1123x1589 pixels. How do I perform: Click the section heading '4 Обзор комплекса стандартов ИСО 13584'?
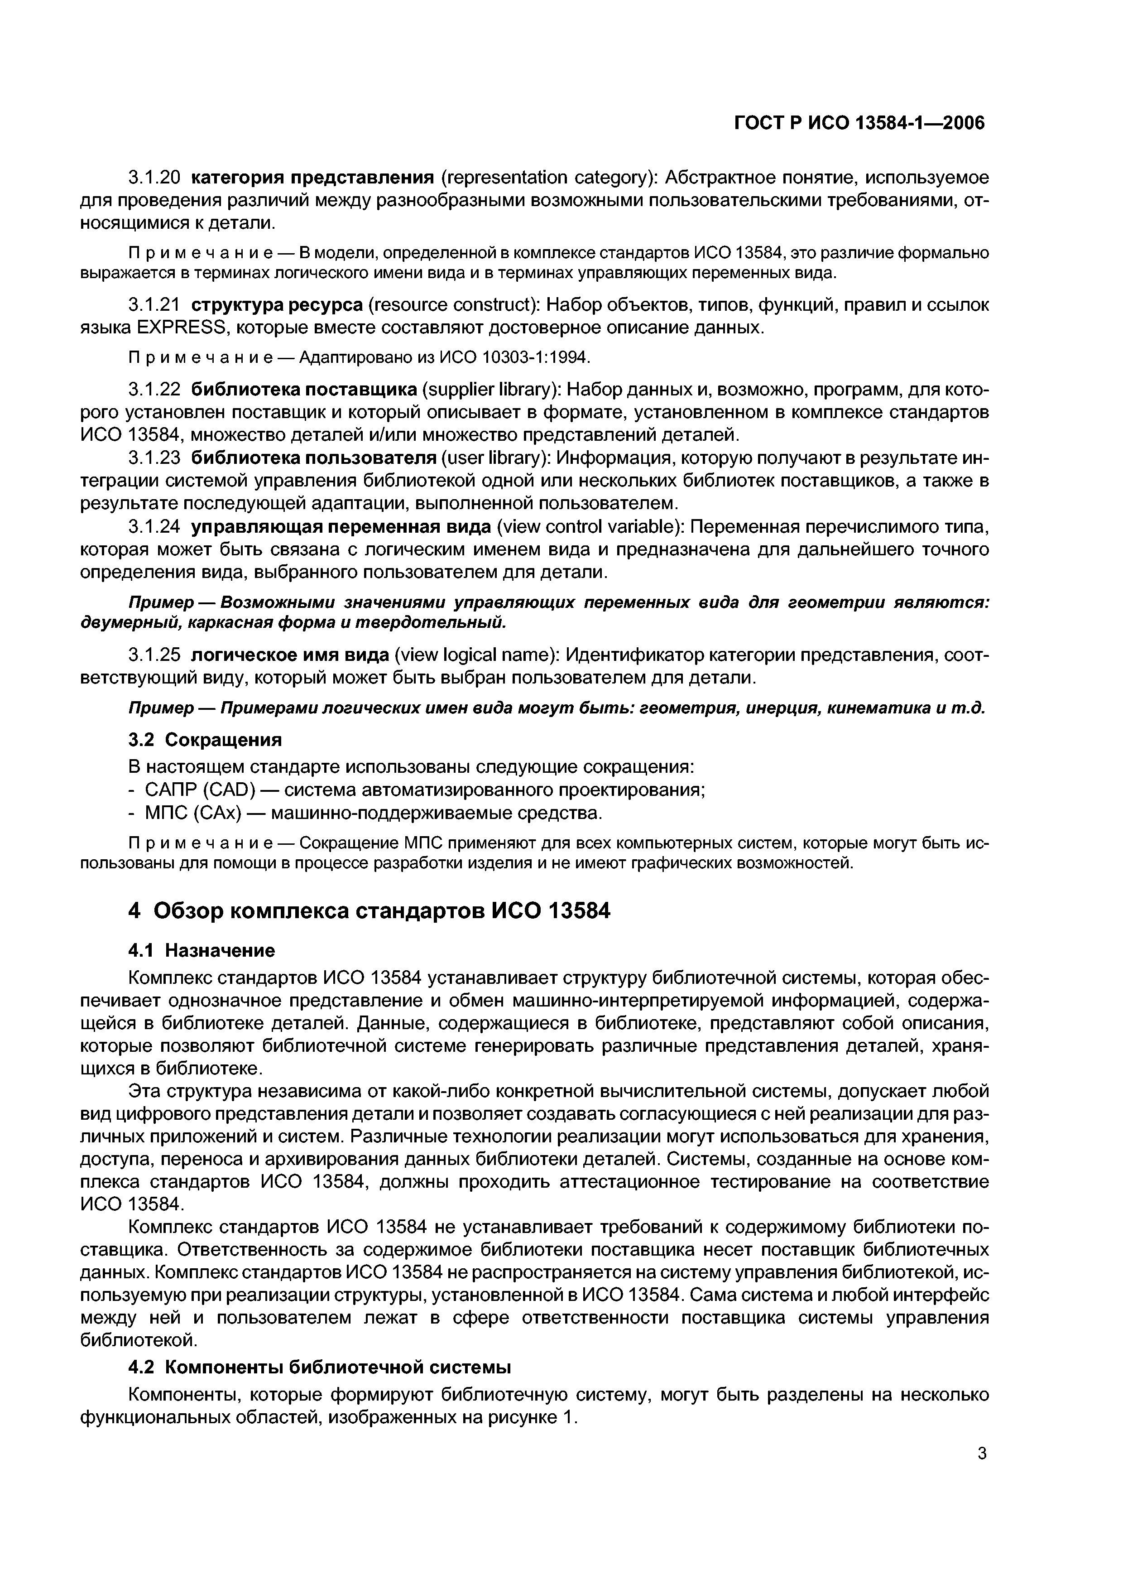(370, 911)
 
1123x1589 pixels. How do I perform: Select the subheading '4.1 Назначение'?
(202, 950)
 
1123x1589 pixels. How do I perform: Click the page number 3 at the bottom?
(981, 1454)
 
